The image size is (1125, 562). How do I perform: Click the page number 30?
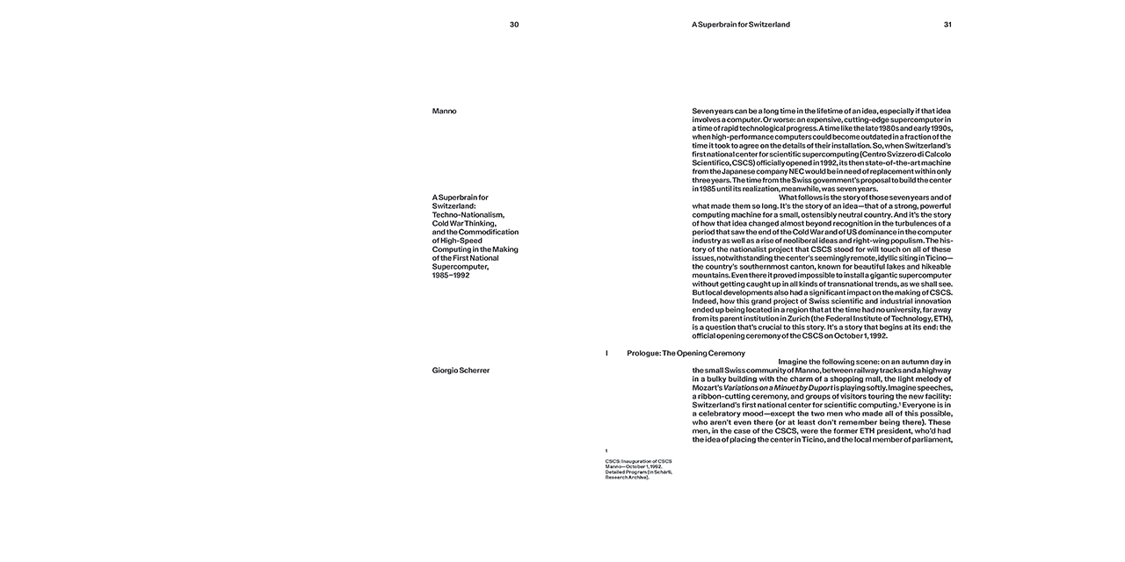514,25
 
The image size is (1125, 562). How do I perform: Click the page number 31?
947,25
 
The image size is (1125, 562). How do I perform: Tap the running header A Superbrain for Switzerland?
741,25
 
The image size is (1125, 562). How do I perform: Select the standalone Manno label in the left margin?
445,112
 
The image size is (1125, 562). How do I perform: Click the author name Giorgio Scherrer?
461,371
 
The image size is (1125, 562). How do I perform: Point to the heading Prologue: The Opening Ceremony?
686,353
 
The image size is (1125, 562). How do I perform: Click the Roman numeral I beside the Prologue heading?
606,353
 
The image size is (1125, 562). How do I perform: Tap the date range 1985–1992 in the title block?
451,275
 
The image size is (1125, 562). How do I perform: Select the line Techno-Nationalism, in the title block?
468,214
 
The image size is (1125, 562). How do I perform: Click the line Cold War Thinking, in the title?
464,223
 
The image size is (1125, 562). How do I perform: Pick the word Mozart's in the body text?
707,387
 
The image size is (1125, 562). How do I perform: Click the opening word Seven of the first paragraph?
703,112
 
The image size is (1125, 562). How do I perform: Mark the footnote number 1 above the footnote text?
606,451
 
